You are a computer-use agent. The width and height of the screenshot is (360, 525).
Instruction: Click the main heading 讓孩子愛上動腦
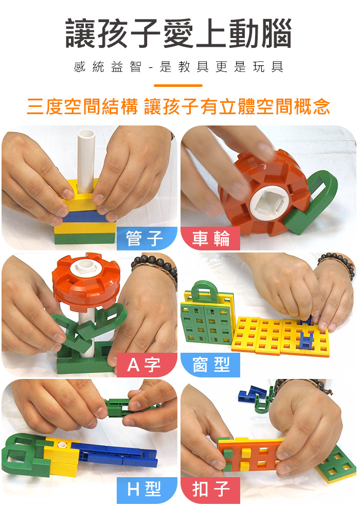[x=178, y=33]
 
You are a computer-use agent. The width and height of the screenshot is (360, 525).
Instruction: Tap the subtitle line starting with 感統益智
[x=178, y=67]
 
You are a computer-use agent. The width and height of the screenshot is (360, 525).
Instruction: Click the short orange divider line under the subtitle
[x=178, y=86]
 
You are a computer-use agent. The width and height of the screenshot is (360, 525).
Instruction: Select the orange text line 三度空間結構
[x=82, y=107]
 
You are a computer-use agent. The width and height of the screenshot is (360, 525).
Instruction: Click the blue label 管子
[x=146, y=239]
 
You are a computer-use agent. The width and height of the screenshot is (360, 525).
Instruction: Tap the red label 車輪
[x=211, y=239]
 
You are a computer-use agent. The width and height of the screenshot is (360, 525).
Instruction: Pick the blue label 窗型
[x=211, y=365]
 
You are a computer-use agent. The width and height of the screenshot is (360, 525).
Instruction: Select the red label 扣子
[x=211, y=490]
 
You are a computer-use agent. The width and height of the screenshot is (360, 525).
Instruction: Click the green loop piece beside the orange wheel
[x=313, y=201]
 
